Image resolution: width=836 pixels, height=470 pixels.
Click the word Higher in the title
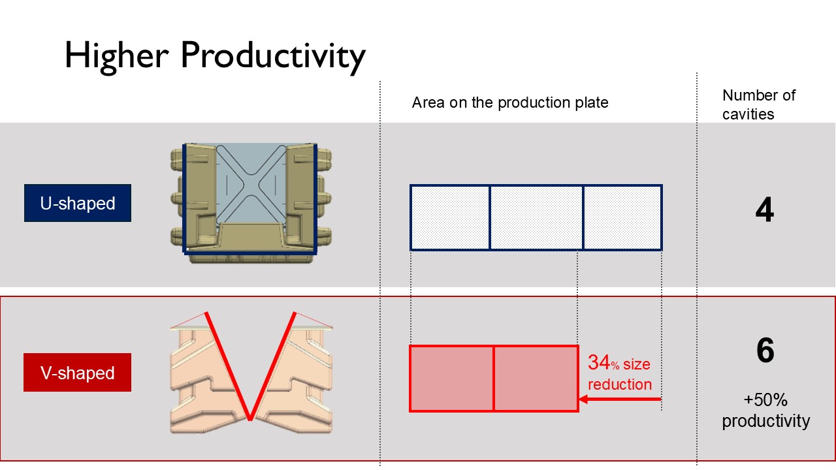pos(117,57)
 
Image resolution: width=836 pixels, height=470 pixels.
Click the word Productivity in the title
pos(273,57)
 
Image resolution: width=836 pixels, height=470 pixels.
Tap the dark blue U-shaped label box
pos(78,203)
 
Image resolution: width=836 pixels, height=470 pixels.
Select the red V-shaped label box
pos(77,372)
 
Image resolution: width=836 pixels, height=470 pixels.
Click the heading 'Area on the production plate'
pos(510,102)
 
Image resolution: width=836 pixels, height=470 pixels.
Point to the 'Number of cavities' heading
pos(759,105)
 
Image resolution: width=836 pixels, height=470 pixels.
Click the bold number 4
pos(765,210)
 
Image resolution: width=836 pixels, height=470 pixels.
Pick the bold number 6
pos(765,350)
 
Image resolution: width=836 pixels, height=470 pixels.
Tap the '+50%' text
pos(765,400)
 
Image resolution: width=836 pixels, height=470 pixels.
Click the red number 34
pos(599,362)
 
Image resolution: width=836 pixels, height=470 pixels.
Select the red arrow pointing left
pos(620,399)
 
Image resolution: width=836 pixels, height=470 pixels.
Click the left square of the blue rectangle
pos(450,217)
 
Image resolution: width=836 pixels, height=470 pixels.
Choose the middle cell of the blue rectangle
pos(536,217)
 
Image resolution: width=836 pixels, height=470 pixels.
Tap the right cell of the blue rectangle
pos(623,217)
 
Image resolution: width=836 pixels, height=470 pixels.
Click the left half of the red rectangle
pos(451,379)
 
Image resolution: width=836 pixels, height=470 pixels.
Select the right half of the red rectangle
pos(536,379)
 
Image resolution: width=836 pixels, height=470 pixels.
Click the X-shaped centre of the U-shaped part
pos(251,183)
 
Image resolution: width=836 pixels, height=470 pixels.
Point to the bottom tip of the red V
pos(250,420)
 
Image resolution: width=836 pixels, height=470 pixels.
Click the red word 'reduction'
pos(620,384)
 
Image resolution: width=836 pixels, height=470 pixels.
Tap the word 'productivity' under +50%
pos(766,421)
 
